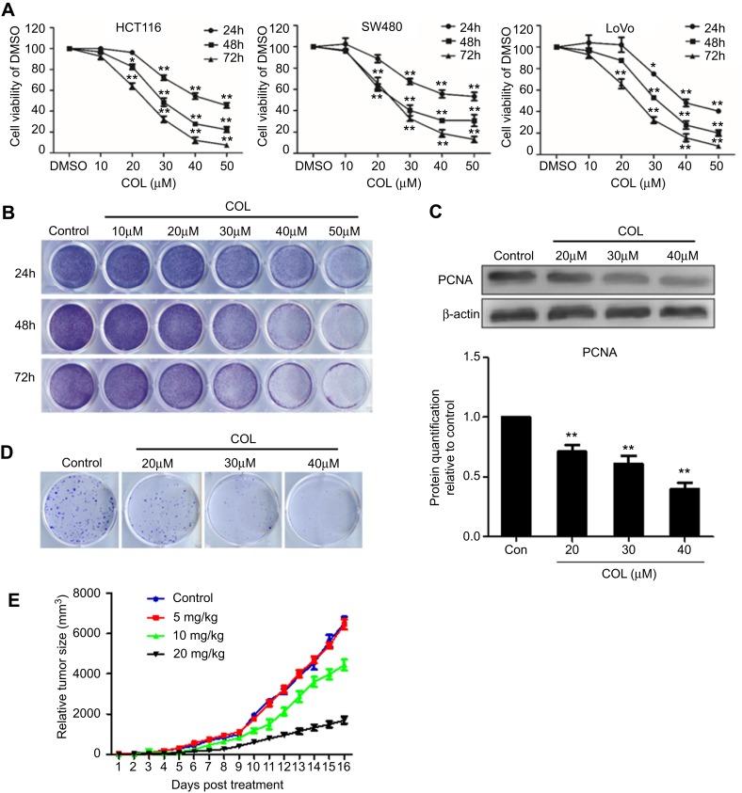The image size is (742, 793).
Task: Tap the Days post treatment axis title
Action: (x=220, y=784)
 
